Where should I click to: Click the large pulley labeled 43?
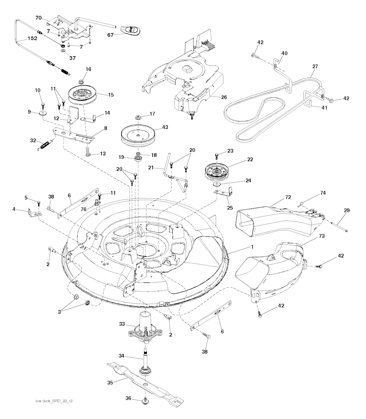pos(138,134)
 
